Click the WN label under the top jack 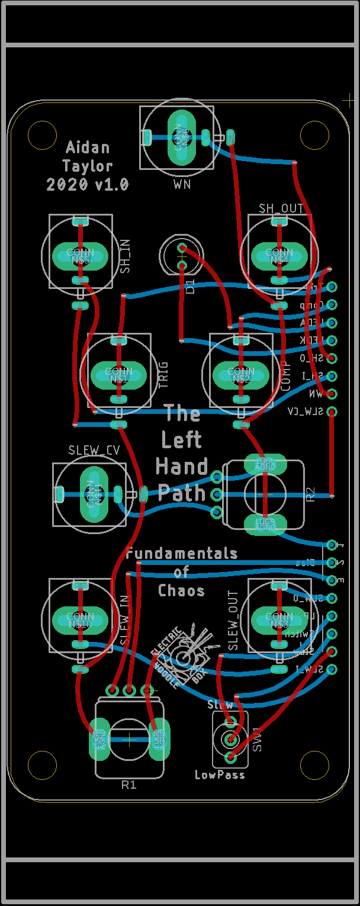tap(182, 185)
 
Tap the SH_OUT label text tap(281, 208)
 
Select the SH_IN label tap(125, 256)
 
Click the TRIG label tap(163, 375)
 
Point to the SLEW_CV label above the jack tap(94, 451)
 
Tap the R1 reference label tap(128, 785)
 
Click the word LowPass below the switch tap(220, 775)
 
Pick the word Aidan tap(88, 147)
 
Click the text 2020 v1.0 tap(88, 185)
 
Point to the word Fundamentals tap(182, 553)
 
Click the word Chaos tap(181, 590)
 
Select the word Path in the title tap(182, 493)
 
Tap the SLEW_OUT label tap(233, 621)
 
